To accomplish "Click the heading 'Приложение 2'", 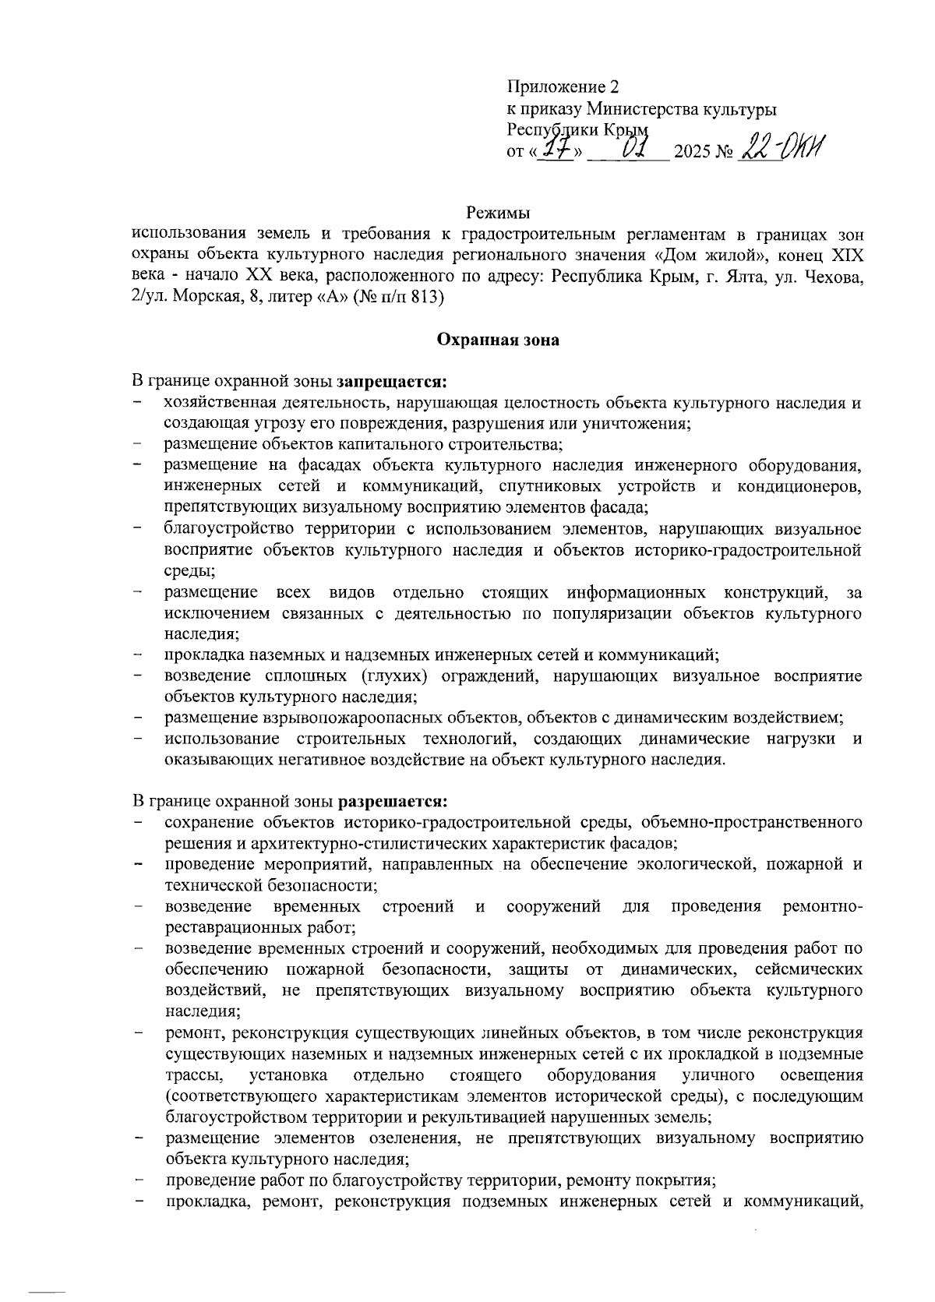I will (563, 86).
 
